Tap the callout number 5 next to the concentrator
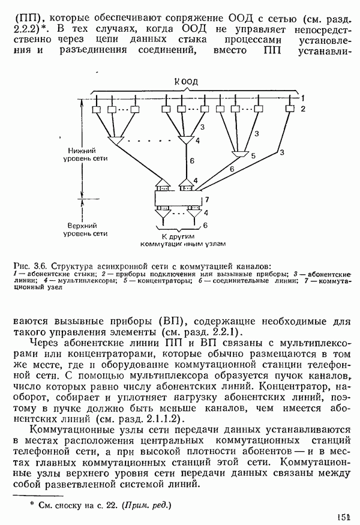click(253, 155)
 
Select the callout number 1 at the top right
click(304, 97)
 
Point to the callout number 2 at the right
click(304, 109)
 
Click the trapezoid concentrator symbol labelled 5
click(239, 155)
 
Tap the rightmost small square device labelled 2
click(290, 109)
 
